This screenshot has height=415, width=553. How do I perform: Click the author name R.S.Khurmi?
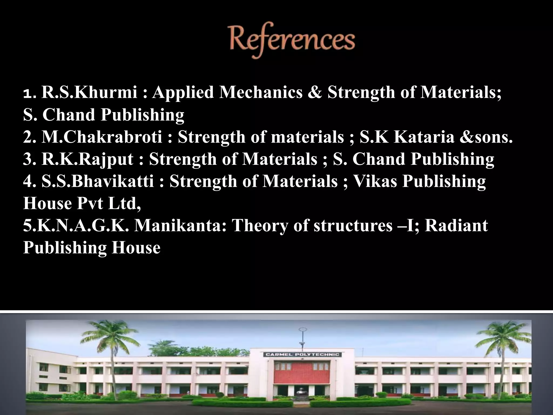pyautogui.click(x=89, y=92)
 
